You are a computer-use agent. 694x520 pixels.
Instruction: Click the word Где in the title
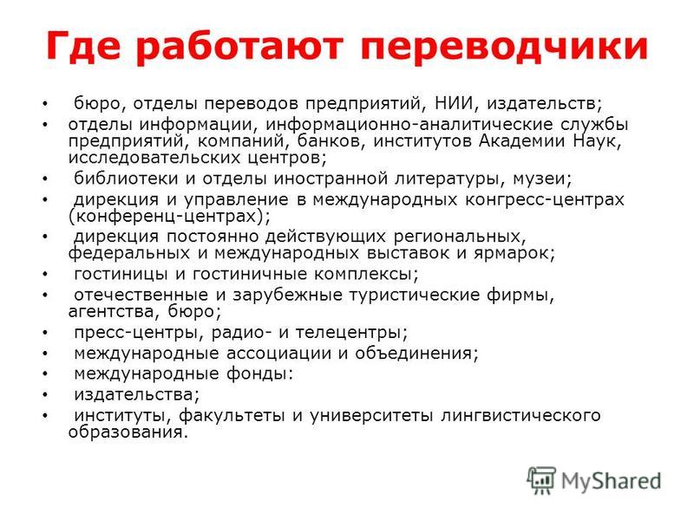click(83, 45)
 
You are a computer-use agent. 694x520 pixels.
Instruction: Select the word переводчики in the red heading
click(505, 47)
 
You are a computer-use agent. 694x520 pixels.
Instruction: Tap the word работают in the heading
click(240, 46)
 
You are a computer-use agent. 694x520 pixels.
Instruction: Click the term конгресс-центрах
click(545, 200)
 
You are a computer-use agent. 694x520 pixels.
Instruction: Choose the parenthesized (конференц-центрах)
click(169, 217)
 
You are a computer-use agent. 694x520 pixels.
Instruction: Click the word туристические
click(414, 295)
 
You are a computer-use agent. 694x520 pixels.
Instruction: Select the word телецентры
click(351, 333)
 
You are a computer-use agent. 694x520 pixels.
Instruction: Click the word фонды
click(259, 374)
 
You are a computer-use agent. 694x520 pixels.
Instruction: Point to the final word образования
click(128, 432)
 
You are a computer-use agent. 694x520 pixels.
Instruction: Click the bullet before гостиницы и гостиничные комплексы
click(45, 275)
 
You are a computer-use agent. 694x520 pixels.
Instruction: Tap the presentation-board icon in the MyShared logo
click(540, 480)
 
